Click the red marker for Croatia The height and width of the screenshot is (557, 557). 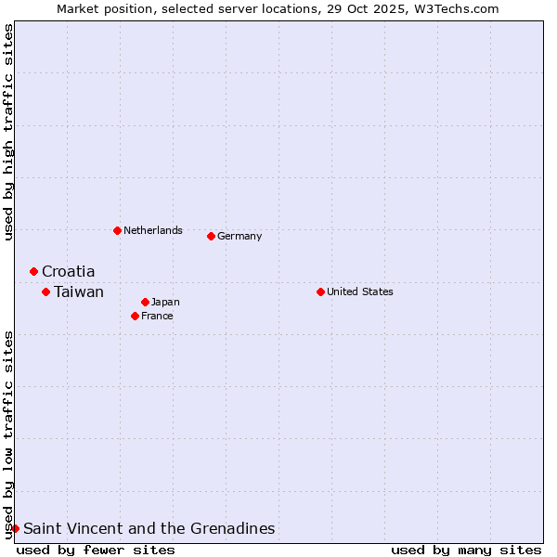click(33, 271)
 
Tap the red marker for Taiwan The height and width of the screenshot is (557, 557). click(45, 291)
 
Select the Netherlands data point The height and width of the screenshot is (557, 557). click(117, 230)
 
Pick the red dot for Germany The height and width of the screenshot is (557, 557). click(211, 236)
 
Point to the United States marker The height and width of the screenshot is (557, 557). click(320, 291)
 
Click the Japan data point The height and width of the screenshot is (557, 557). click(145, 302)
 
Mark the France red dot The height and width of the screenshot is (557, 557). click(135, 316)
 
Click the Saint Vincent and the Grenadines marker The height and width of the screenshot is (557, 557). click(15, 528)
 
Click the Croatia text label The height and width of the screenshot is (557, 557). click(68, 271)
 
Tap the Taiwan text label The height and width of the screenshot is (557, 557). click(79, 291)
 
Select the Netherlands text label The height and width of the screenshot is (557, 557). click(153, 230)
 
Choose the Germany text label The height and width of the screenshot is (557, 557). click(240, 236)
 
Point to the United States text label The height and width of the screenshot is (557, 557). click(360, 291)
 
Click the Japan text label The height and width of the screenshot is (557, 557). click(165, 302)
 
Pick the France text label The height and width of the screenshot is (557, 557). click(157, 316)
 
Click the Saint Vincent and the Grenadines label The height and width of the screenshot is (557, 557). click(149, 528)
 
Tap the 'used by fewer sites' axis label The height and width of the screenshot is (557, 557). click(96, 550)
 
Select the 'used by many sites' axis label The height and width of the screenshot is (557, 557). click(466, 550)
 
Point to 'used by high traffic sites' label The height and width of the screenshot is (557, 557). click(8, 132)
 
